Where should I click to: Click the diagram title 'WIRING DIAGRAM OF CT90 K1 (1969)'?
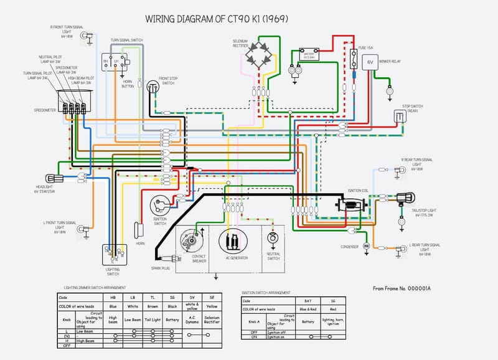coord(216,19)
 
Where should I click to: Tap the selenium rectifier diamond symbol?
coord(258,55)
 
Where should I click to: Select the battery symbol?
coord(308,54)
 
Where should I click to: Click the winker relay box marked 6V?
coord(370,62)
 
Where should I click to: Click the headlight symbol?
coord(51,179)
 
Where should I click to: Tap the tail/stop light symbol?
coord(408,197)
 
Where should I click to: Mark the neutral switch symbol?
coord(272,239)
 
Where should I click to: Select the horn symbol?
coord(139,228)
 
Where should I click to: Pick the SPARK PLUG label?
coord(161,268)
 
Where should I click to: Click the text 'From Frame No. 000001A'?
coord(402,288)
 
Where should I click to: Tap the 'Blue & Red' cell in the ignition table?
coord(308,309)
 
